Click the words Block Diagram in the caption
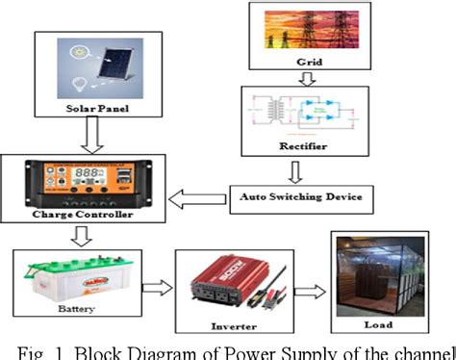pyautogui.click(x=139, y=348)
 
